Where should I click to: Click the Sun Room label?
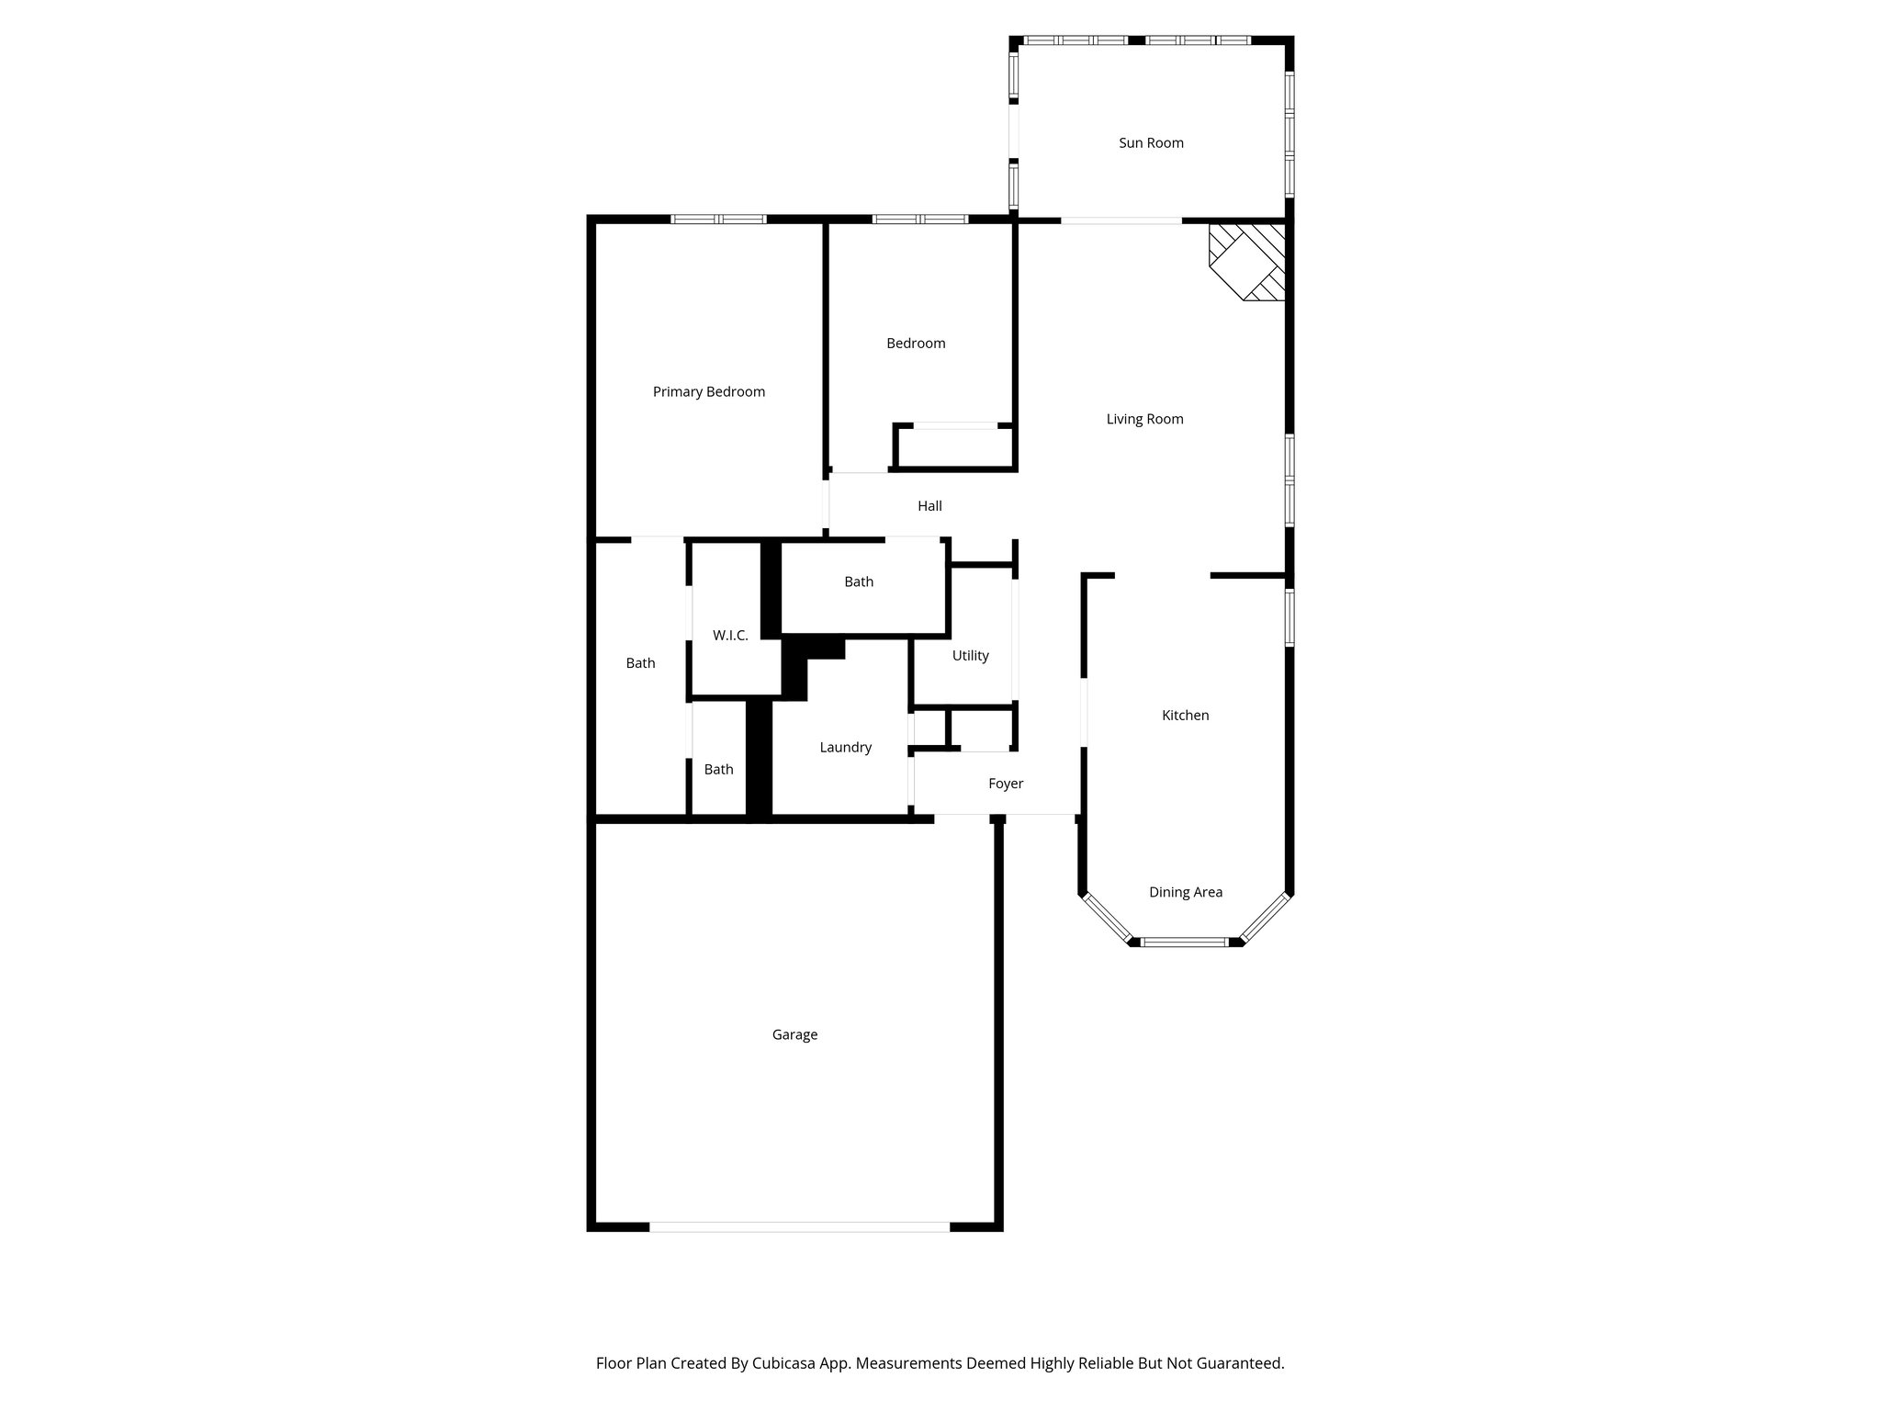(1151, 143)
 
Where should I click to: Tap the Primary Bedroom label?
(708, 392)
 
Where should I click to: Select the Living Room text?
(1144, 420)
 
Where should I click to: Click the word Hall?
(929, 506)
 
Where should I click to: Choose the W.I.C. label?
(730, 636)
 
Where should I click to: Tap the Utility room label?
(970, 656)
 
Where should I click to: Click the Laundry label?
(845, 748)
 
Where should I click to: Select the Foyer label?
(1006, 784)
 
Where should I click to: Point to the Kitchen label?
(1185, 716)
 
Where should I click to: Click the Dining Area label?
(1185, 892)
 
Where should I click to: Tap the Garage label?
(794, 1035)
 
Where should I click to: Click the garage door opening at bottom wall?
(799, 1226)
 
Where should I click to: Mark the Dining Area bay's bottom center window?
(1185, 942)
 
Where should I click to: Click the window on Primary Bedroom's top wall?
(718, 220)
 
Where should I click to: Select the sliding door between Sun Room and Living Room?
(1121, 220)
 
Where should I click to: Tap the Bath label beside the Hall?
(859, 582)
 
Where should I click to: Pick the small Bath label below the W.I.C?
(718, 770)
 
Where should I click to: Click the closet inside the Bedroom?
(955, 448)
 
